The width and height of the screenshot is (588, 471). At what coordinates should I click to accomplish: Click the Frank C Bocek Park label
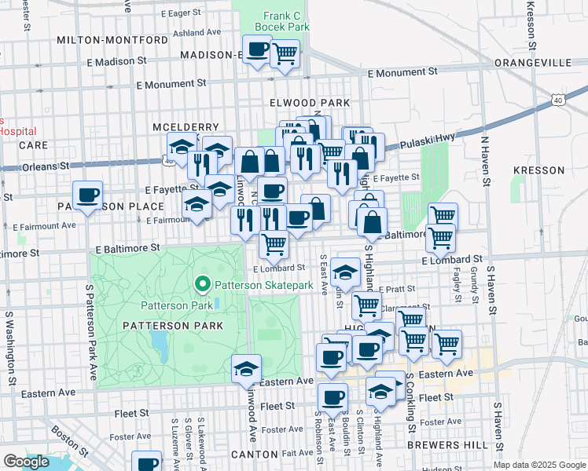(x=274, y=20)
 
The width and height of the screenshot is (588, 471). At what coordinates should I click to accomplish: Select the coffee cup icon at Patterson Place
(x=88, y=194)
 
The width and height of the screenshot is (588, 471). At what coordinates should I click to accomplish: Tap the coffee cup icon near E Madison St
(x=256, y=50)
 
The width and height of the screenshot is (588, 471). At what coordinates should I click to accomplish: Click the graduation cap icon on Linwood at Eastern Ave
(x=246, y=367)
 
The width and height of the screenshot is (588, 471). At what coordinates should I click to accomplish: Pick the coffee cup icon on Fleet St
(x=333, y=397)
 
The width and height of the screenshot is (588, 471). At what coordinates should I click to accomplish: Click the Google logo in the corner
(x=26, y=462)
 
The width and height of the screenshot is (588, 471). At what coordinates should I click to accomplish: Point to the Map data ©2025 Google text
(x=540, y=465)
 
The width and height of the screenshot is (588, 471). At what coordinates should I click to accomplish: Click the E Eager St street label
(x=186, y=13)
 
